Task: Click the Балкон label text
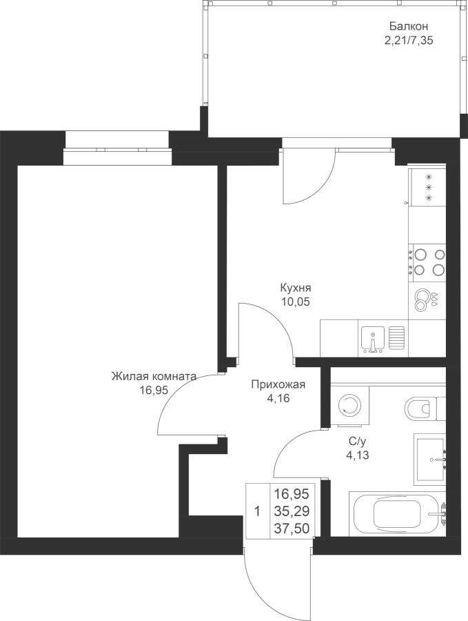coord(403,26)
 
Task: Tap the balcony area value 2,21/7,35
coord(409,41)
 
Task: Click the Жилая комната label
coord(154,377)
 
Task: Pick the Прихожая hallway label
coord(278,385)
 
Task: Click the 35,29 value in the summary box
coord(292,511)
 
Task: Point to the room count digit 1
coord(256,511)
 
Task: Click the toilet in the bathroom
coord(418,409)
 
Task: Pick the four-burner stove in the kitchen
coord(427,262)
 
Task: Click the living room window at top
coord(116,148)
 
